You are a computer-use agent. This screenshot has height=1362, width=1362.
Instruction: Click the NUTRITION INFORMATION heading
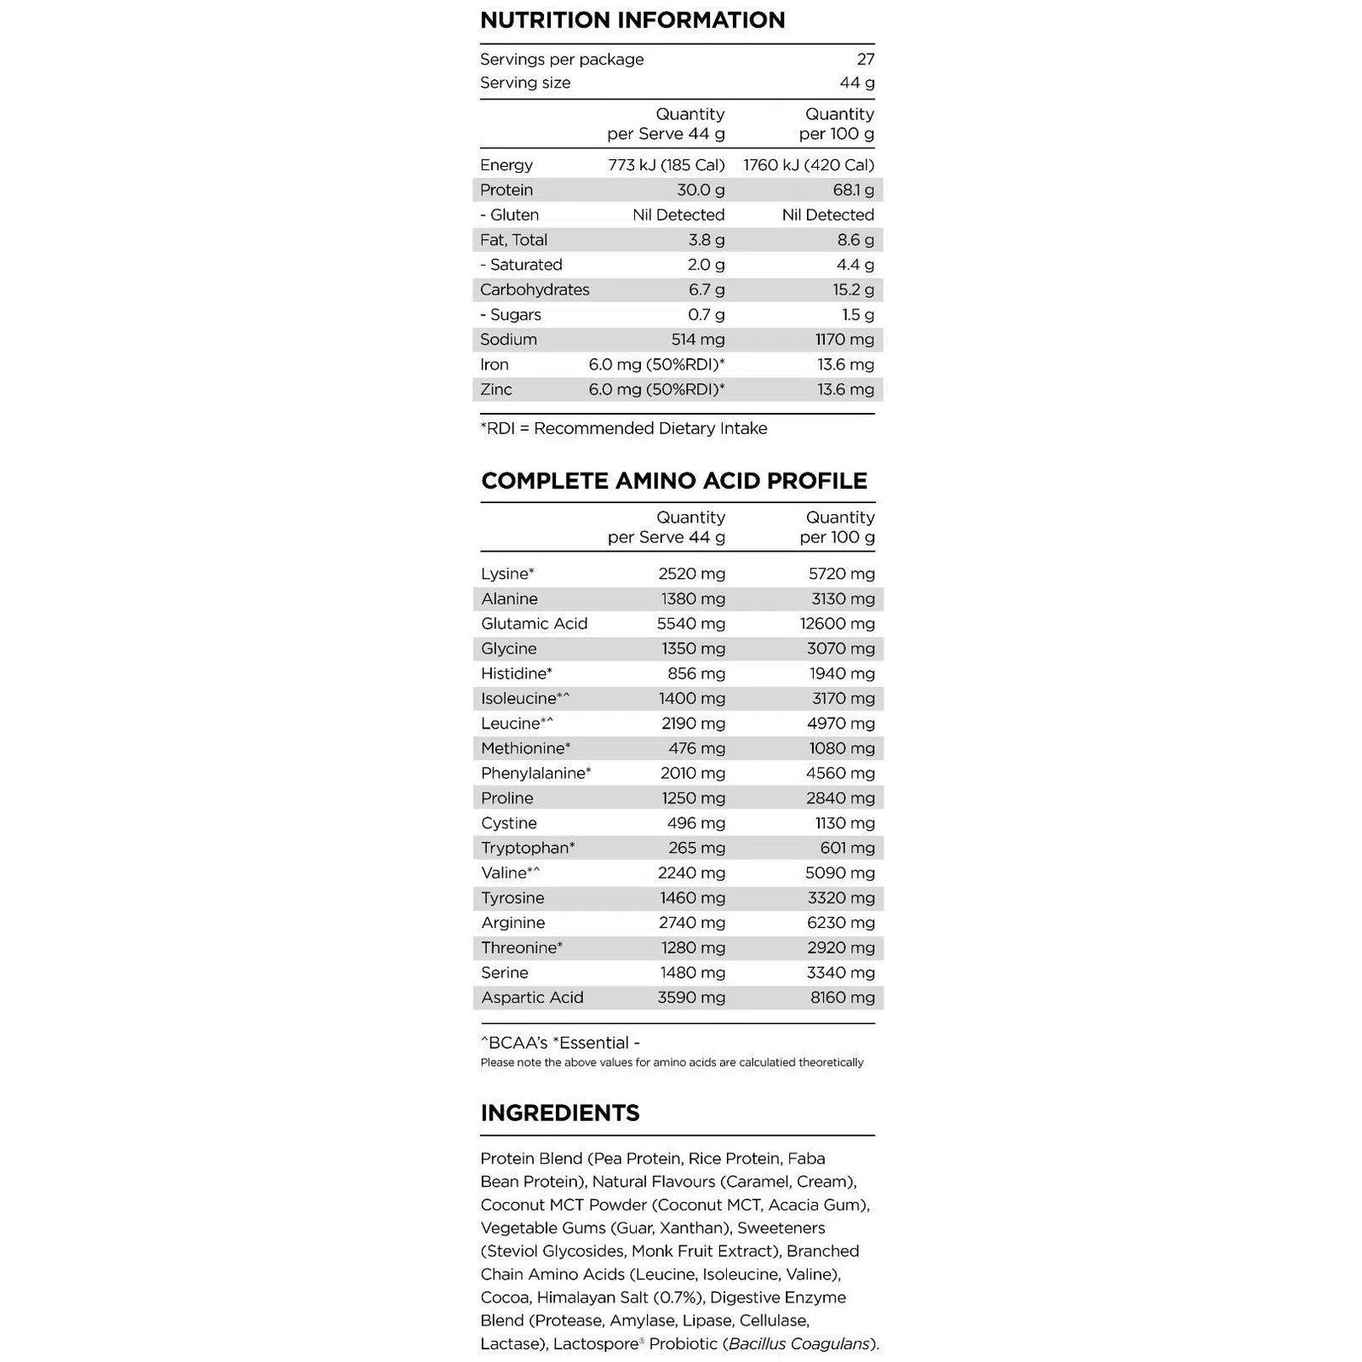coord(632,20)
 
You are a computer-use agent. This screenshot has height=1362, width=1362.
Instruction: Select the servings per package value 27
coord(865,60)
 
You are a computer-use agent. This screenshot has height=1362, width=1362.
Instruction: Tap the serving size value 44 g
coord(856,83)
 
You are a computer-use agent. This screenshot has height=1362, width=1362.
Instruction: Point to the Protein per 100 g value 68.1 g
coord(853,190)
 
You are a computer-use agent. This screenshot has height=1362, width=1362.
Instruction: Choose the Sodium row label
coord(508,340)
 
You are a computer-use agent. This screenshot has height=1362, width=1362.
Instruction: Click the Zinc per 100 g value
coord(845,390)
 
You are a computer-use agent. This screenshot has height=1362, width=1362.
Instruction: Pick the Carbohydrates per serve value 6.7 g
coord(706,289)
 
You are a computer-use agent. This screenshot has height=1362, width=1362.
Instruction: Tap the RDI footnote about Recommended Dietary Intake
coord(624,428)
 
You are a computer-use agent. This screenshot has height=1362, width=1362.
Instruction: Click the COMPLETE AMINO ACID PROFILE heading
coord(674,481)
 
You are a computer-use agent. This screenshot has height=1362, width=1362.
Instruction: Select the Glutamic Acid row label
coord(534,624)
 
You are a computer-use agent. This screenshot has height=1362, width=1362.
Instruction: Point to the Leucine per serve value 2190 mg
coord(693,724)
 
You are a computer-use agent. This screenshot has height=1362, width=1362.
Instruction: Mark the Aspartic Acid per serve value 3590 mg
coord(691,998)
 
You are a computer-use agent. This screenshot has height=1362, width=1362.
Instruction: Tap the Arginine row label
coord(512,923)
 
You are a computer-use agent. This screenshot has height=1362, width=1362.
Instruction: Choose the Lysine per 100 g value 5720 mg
coord(841,574)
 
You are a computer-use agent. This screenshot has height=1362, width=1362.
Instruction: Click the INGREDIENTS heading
coord(559,1113)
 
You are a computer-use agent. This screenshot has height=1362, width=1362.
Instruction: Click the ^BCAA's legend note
coord(512,1043)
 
